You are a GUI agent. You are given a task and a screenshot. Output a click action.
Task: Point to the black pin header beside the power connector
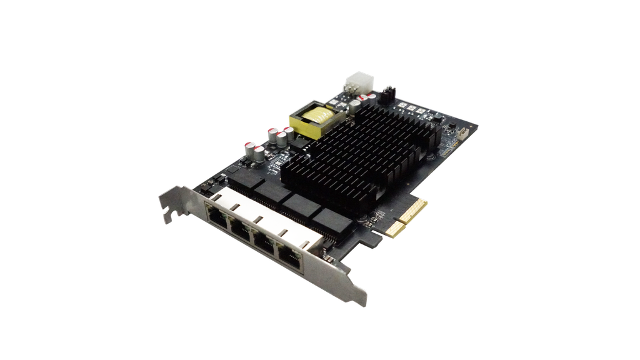[387, 93]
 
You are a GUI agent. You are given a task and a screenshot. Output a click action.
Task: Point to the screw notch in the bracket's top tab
[168, 216]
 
